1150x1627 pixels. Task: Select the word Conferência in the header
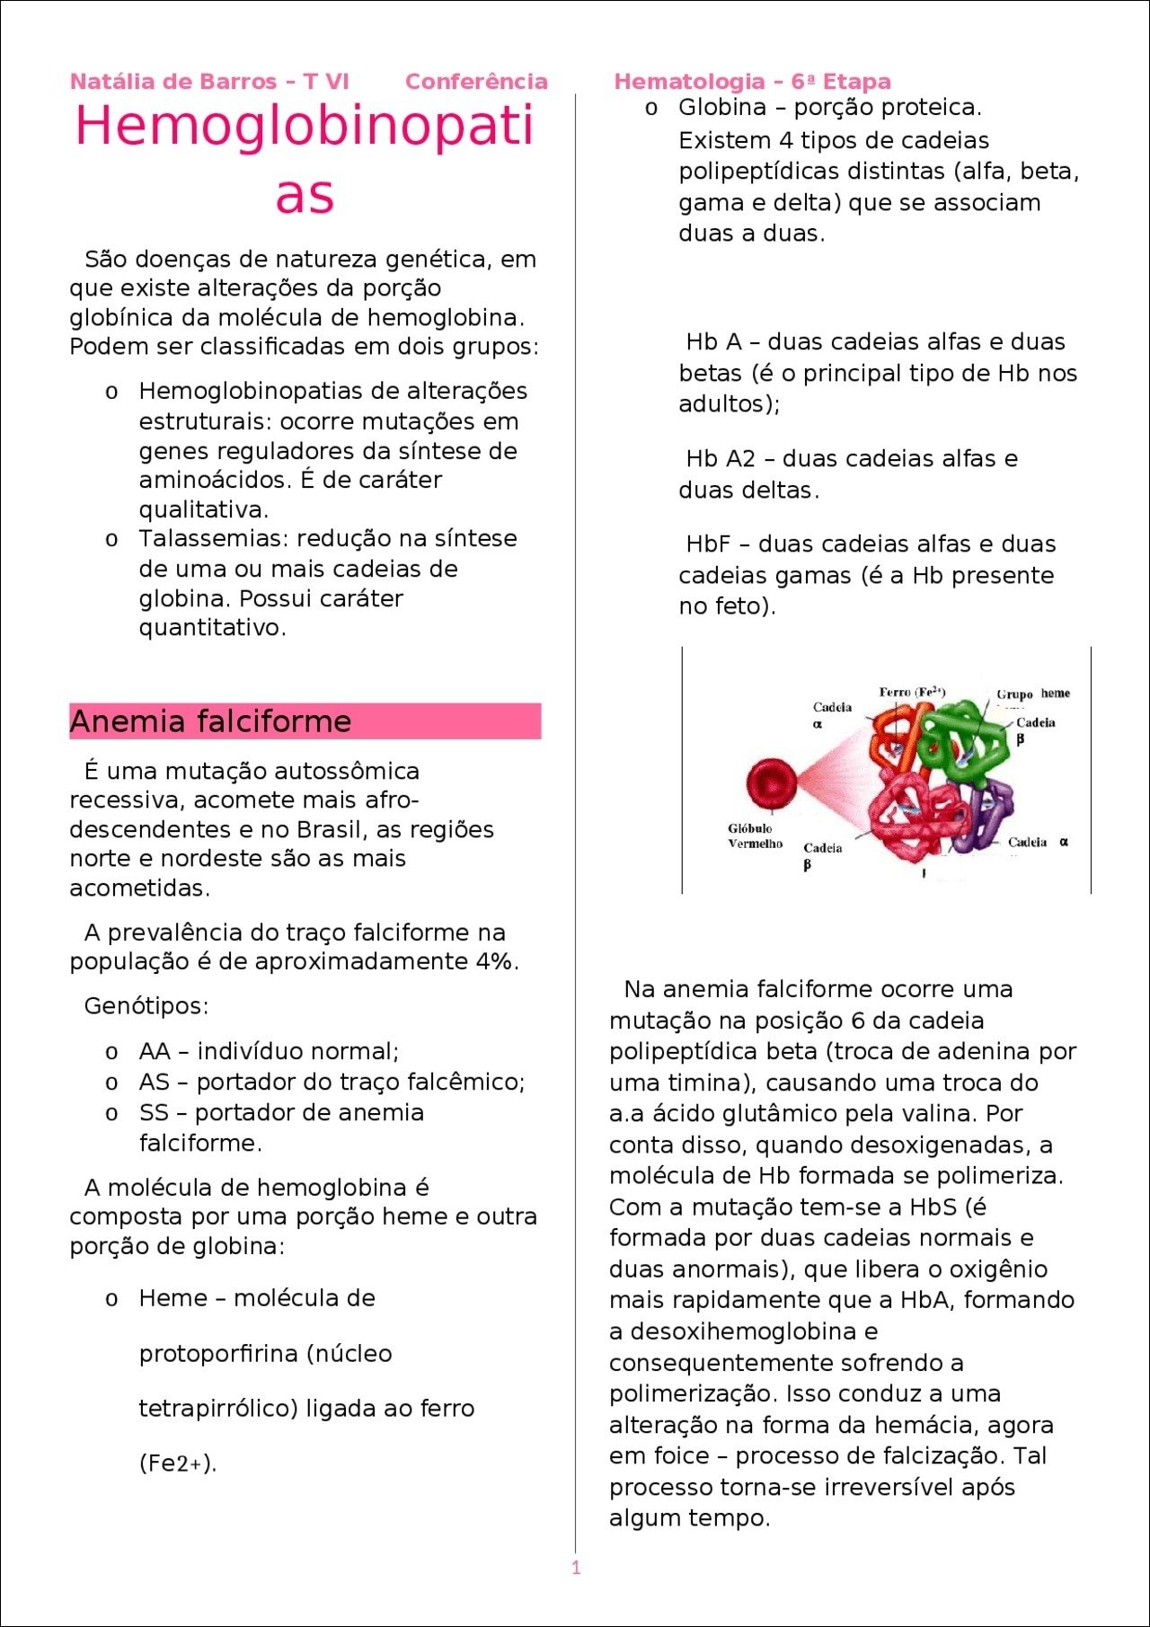(x=476, y=82)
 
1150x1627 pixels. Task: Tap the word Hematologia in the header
(x=689, y=82)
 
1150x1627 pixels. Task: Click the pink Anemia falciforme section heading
(x=211, y=721)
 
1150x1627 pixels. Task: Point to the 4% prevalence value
(x=497, y=961)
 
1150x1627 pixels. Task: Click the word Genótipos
(x=146, y=1005)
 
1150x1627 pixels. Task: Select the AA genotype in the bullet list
(x=155, y=1051)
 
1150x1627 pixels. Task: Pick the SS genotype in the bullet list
(x=154, y=1112)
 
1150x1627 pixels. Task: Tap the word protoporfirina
(x=219, y=1353)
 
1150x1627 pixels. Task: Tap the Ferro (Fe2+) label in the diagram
(x=911, y=692)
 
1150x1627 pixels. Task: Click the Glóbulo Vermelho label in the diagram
(x=755, y=836)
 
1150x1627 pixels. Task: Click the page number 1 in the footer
(x=576, y=1568)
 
